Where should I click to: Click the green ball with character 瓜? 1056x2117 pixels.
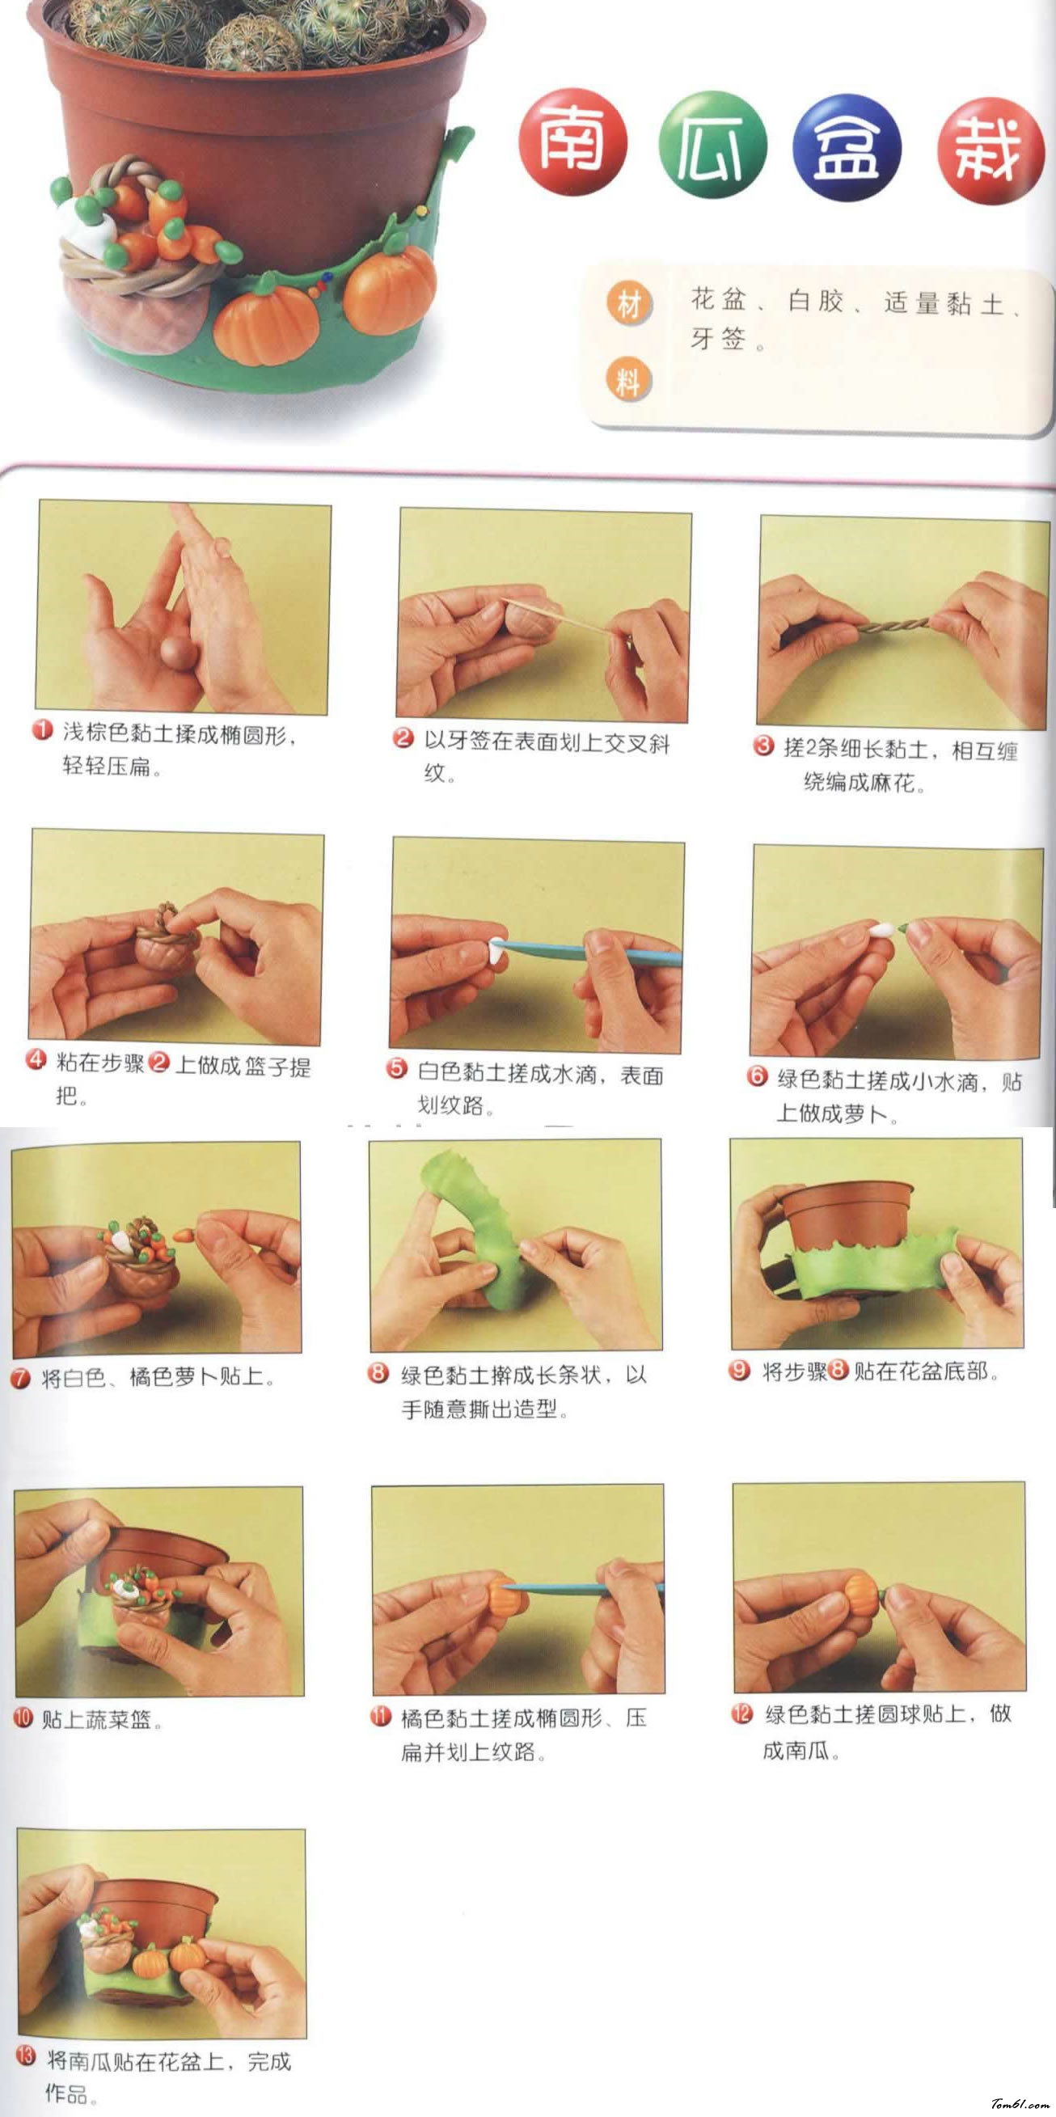712,145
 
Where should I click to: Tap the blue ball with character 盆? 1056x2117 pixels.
847,149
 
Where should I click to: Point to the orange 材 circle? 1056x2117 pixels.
629,303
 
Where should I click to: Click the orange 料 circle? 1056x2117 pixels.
629,380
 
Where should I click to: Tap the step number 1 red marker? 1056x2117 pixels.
42,729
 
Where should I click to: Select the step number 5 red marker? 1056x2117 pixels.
397,1067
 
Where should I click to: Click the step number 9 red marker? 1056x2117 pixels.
740,1370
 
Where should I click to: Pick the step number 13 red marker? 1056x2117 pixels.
27,2056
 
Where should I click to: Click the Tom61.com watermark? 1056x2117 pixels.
1019,2104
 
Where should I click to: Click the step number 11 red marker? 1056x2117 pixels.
380,1716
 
